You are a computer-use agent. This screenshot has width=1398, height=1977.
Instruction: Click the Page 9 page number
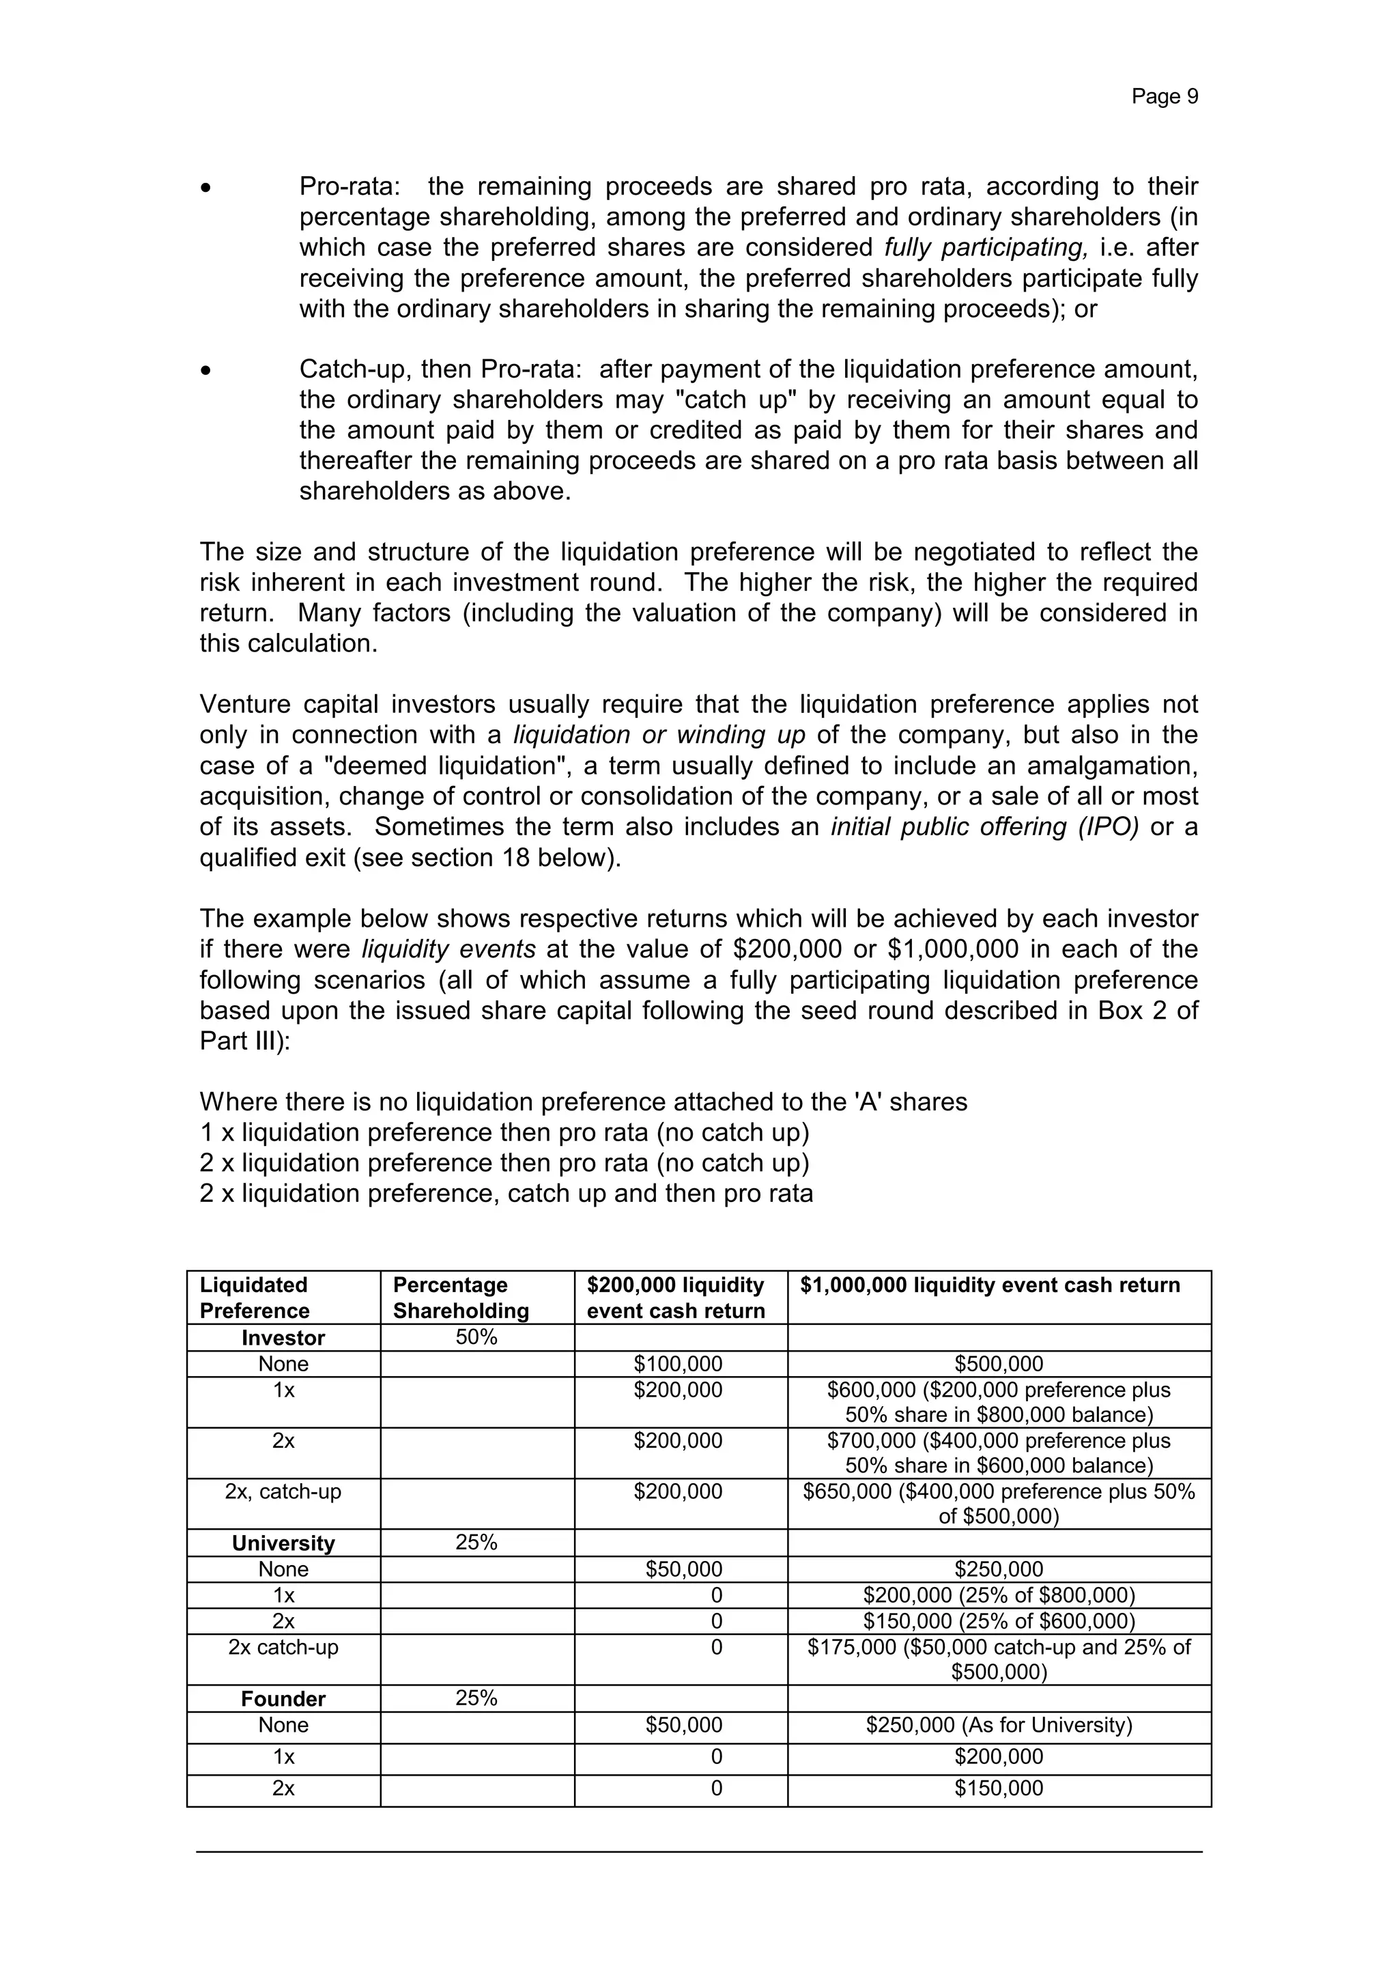point(1164,96)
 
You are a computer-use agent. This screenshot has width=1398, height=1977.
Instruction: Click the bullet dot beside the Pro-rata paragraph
point(205,188)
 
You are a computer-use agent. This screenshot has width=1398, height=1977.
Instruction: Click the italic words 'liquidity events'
point(448,949)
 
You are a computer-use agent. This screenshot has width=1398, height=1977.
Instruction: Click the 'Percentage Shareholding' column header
point(461,1298)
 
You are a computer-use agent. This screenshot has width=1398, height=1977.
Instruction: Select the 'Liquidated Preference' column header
point(254,1298)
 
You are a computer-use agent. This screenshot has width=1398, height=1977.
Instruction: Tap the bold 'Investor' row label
point(283,1338)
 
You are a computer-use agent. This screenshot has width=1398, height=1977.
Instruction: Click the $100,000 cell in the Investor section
point(679,1364)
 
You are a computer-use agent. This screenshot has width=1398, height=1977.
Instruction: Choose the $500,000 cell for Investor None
point(999,1364)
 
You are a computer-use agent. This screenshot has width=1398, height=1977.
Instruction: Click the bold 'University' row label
point(283,1543)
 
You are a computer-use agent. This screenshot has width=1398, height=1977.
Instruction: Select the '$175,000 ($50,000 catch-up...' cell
point(999,1659)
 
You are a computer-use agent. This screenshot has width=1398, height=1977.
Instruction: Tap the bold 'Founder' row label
point(283,1699)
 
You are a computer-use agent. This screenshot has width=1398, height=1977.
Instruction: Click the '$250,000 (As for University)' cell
point(999,1725)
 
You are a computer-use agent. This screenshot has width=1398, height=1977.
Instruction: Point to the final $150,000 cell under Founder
point(999,1789)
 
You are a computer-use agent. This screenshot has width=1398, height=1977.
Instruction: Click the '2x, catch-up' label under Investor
point(283,1491)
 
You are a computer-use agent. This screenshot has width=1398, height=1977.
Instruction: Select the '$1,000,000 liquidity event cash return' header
point(990,1286)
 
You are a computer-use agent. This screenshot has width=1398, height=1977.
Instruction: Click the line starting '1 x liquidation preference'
point(504,1132)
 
